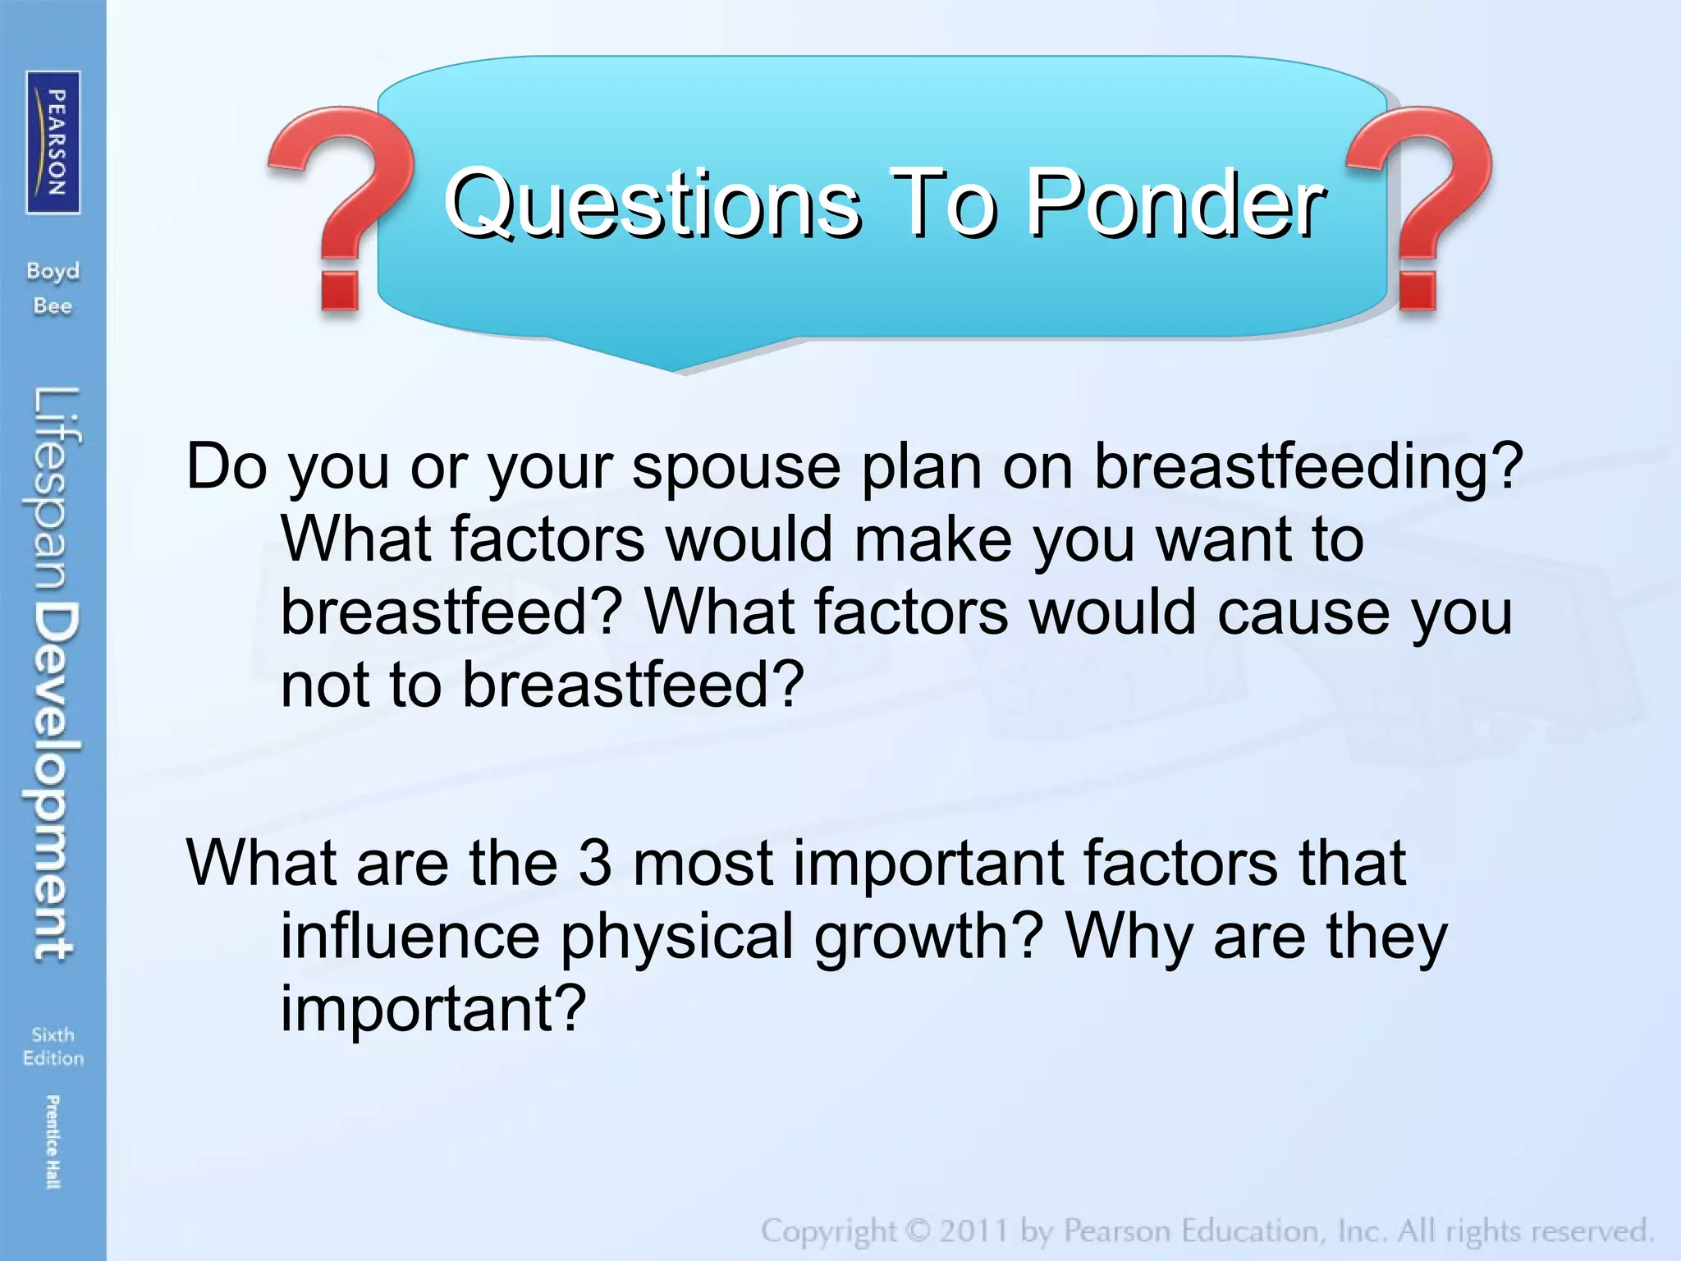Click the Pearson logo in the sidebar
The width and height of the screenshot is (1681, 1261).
click(53, 142)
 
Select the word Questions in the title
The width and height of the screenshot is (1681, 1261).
click(653, 203)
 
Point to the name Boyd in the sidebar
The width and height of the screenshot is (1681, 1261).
click(53, 271)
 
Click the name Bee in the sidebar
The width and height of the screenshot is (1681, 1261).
click(53, 306)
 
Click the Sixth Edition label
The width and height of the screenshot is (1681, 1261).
click(53, 1046)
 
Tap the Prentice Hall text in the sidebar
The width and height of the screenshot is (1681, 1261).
click(53, 1141)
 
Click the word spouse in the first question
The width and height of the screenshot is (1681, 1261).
click(736, 466)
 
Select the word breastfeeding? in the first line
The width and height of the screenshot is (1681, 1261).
click(1308, 466)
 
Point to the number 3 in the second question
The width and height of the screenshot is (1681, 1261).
click(595, 863)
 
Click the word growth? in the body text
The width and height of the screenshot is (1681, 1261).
click(928, 936)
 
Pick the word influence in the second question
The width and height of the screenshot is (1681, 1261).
click(410, 936)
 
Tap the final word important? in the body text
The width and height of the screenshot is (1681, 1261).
click(433, 1008)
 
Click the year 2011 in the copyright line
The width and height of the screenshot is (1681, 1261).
click(973, 1231)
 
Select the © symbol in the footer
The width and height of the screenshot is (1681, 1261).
click(917, 1231)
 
